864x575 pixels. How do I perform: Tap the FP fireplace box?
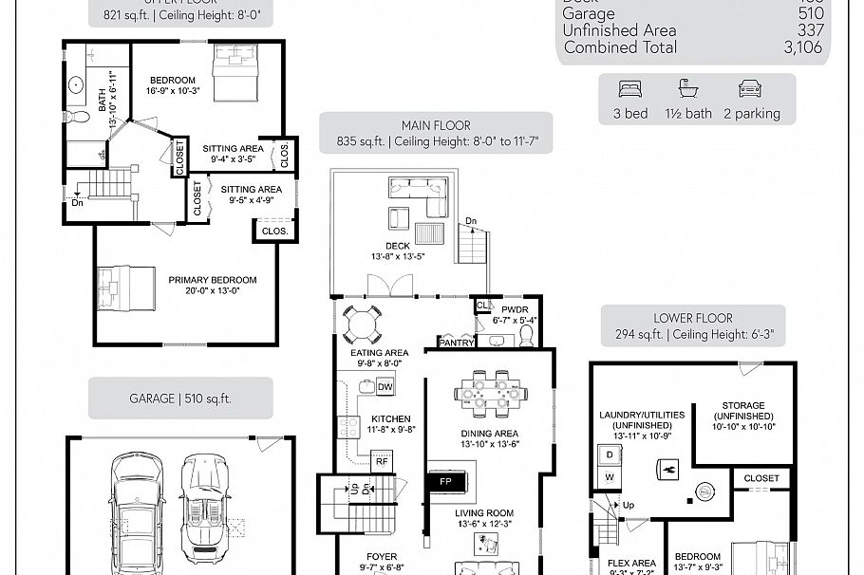(444, 481)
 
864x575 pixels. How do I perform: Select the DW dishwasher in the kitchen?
(385, 387)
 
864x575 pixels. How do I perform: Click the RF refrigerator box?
(381, 462)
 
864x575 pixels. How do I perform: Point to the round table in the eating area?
(362, 325)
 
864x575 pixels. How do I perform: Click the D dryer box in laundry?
(609, 454)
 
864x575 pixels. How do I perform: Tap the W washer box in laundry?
(609, 475)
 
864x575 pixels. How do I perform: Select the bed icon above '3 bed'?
(630, 89)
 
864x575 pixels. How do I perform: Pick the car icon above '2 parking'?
(750, 89)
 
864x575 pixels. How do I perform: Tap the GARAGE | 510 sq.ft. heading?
(179, 399)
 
